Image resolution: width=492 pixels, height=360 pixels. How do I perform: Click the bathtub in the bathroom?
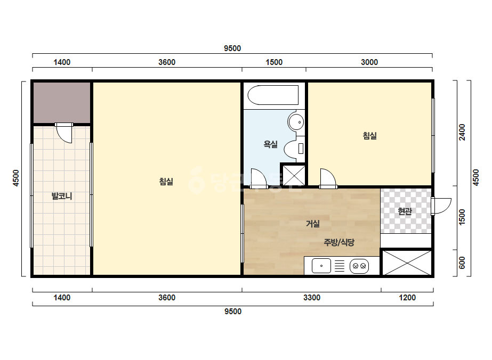point(273,95)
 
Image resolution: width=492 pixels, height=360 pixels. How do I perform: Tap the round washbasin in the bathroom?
point(296,121)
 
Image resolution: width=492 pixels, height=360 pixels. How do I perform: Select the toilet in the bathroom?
point(294,149)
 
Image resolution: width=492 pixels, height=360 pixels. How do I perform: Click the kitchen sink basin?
point(321,266)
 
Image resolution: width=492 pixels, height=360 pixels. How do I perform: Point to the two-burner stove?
point(359,266)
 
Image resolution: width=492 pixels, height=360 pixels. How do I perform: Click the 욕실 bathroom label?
point(270,144)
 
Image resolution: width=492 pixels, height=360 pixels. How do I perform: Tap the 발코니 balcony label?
point(62,197)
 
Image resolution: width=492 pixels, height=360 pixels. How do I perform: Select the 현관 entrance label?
point(405,211)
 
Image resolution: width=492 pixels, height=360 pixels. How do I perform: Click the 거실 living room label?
point(313,224)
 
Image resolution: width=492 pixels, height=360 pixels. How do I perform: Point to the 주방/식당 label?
point(339,242)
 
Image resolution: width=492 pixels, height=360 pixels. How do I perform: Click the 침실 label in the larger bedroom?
point(166,182)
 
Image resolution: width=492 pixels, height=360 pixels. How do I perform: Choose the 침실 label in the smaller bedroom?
point(369,136)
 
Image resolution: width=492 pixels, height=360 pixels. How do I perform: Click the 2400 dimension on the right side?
point(462,132)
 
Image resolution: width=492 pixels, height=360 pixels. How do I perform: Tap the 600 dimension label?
point(462,263)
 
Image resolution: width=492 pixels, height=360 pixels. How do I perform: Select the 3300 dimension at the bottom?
point(312,298)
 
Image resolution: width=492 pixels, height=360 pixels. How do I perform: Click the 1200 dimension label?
point(407,298)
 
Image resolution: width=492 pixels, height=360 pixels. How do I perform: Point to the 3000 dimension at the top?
point(369,62)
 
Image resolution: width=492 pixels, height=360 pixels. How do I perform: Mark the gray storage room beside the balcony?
point(62,103)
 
